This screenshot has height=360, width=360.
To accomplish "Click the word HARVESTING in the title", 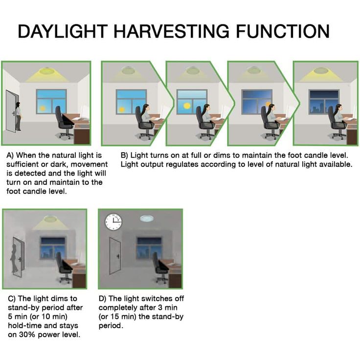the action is (172, 31).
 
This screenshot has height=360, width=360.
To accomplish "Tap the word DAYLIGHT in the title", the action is (63, 31).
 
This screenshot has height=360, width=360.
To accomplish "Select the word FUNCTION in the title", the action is (283, 31).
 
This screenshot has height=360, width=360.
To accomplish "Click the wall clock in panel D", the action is (113, 222).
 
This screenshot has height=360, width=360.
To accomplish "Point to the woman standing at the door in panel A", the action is (18, 116).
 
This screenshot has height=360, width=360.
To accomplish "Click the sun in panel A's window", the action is (42, 108).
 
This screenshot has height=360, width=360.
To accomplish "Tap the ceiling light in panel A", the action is (47, 71).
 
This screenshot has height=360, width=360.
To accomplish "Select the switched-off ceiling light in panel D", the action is (148, 218).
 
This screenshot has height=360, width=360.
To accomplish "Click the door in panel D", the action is (115, 255).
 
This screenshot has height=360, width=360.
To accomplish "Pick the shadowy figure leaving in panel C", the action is (14, 258).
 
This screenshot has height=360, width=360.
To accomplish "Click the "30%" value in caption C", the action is (27, 335).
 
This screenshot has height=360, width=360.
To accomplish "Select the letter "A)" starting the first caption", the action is (10, 156).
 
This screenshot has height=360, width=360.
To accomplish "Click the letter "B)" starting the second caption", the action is (124, 156).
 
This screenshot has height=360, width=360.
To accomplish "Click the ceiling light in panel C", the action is (50, 219).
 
